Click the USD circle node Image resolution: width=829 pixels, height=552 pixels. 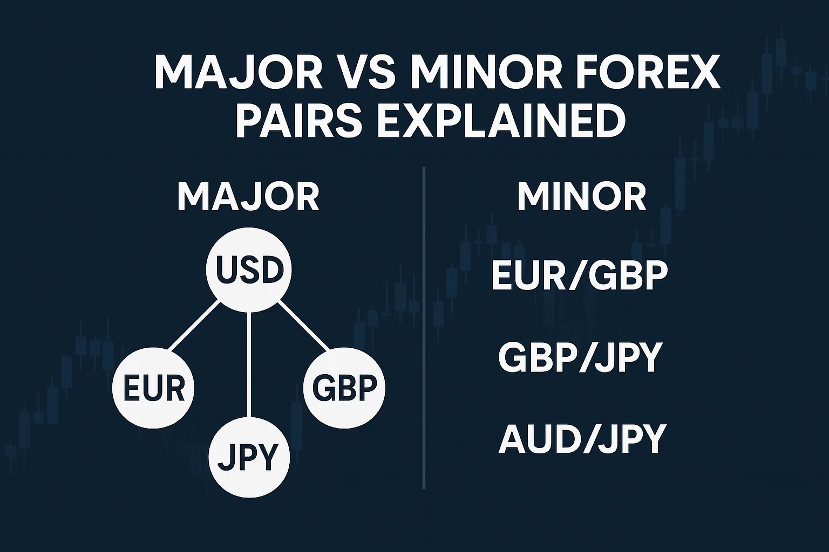click(249, 270)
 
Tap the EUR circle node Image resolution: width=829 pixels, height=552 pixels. click(154, 388)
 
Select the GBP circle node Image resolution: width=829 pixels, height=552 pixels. click(344, 388)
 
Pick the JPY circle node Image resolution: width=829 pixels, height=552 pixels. click(249, 458)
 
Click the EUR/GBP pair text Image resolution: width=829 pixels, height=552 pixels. click(580, 276)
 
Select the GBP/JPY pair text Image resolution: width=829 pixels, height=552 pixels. click(580, 357)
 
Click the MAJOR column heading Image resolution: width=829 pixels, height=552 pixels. click(248, 197)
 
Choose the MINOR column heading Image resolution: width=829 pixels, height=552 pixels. click(582, 197)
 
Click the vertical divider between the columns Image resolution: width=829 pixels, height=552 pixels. click(424, 323)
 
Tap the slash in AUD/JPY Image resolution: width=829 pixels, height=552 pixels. click(585, 439)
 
